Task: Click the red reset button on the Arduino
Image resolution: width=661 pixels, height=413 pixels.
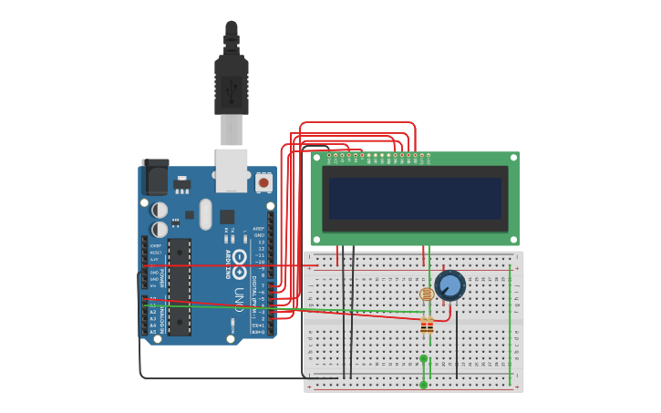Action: [x=263, y=183]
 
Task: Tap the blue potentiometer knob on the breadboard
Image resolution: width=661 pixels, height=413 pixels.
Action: [x=449, y=285]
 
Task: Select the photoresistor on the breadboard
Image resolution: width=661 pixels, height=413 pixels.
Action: [x=426, y=294]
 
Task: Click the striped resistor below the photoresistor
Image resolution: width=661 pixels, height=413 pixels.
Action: [x=427, y=325]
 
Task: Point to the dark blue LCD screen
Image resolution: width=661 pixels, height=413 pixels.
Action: [x=415, y=198]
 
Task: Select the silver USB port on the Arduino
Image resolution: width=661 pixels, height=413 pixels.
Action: [x=232, y=170]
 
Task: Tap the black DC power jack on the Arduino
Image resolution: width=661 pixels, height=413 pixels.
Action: [x=156, y=178]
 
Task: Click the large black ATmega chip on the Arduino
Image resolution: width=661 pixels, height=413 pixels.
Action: [x=180, y=286]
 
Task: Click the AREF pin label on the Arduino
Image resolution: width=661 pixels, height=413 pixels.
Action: [x=259, y=229]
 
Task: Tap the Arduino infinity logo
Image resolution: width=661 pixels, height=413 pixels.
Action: [x=240, y=258]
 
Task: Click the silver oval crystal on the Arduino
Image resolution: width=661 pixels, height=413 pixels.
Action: [x=206, y=213]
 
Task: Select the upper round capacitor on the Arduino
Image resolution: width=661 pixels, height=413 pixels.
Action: [x=160, y=210]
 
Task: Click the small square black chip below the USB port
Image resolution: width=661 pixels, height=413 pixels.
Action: [x=227, y=217]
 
